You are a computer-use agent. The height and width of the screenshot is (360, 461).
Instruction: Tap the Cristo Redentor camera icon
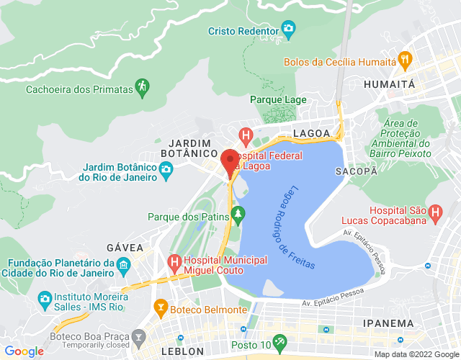[289, 30]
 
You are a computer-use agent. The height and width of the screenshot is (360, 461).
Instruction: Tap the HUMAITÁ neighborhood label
[390, 84]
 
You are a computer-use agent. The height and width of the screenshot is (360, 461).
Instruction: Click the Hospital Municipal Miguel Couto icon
[174, 261]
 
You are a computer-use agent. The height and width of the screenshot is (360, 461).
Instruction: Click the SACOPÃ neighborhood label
[356, 171]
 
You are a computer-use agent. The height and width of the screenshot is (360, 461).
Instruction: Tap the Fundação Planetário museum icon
[123, 266]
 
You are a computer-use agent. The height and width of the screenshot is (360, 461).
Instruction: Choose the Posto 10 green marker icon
[279, 341]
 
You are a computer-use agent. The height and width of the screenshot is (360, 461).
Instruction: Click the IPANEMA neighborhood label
[389, 323]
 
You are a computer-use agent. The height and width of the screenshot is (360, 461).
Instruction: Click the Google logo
[23, 351]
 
